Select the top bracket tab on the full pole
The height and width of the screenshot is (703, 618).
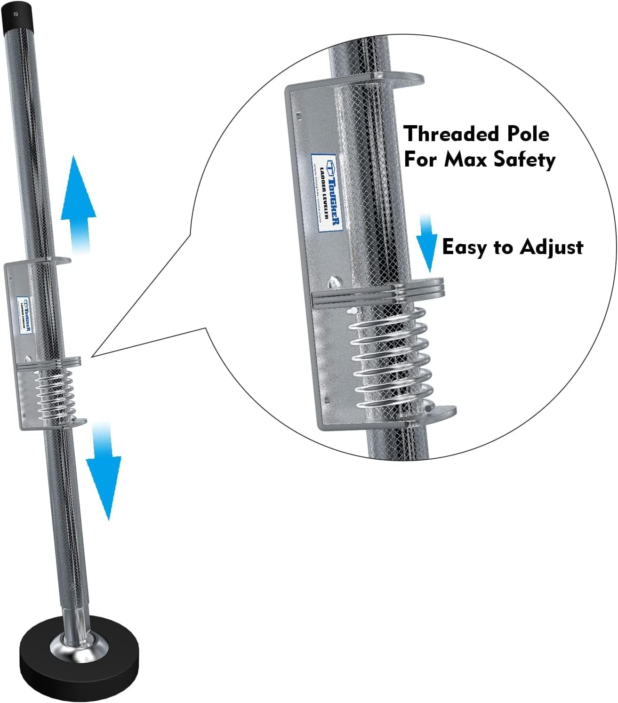tap(59, 260)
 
